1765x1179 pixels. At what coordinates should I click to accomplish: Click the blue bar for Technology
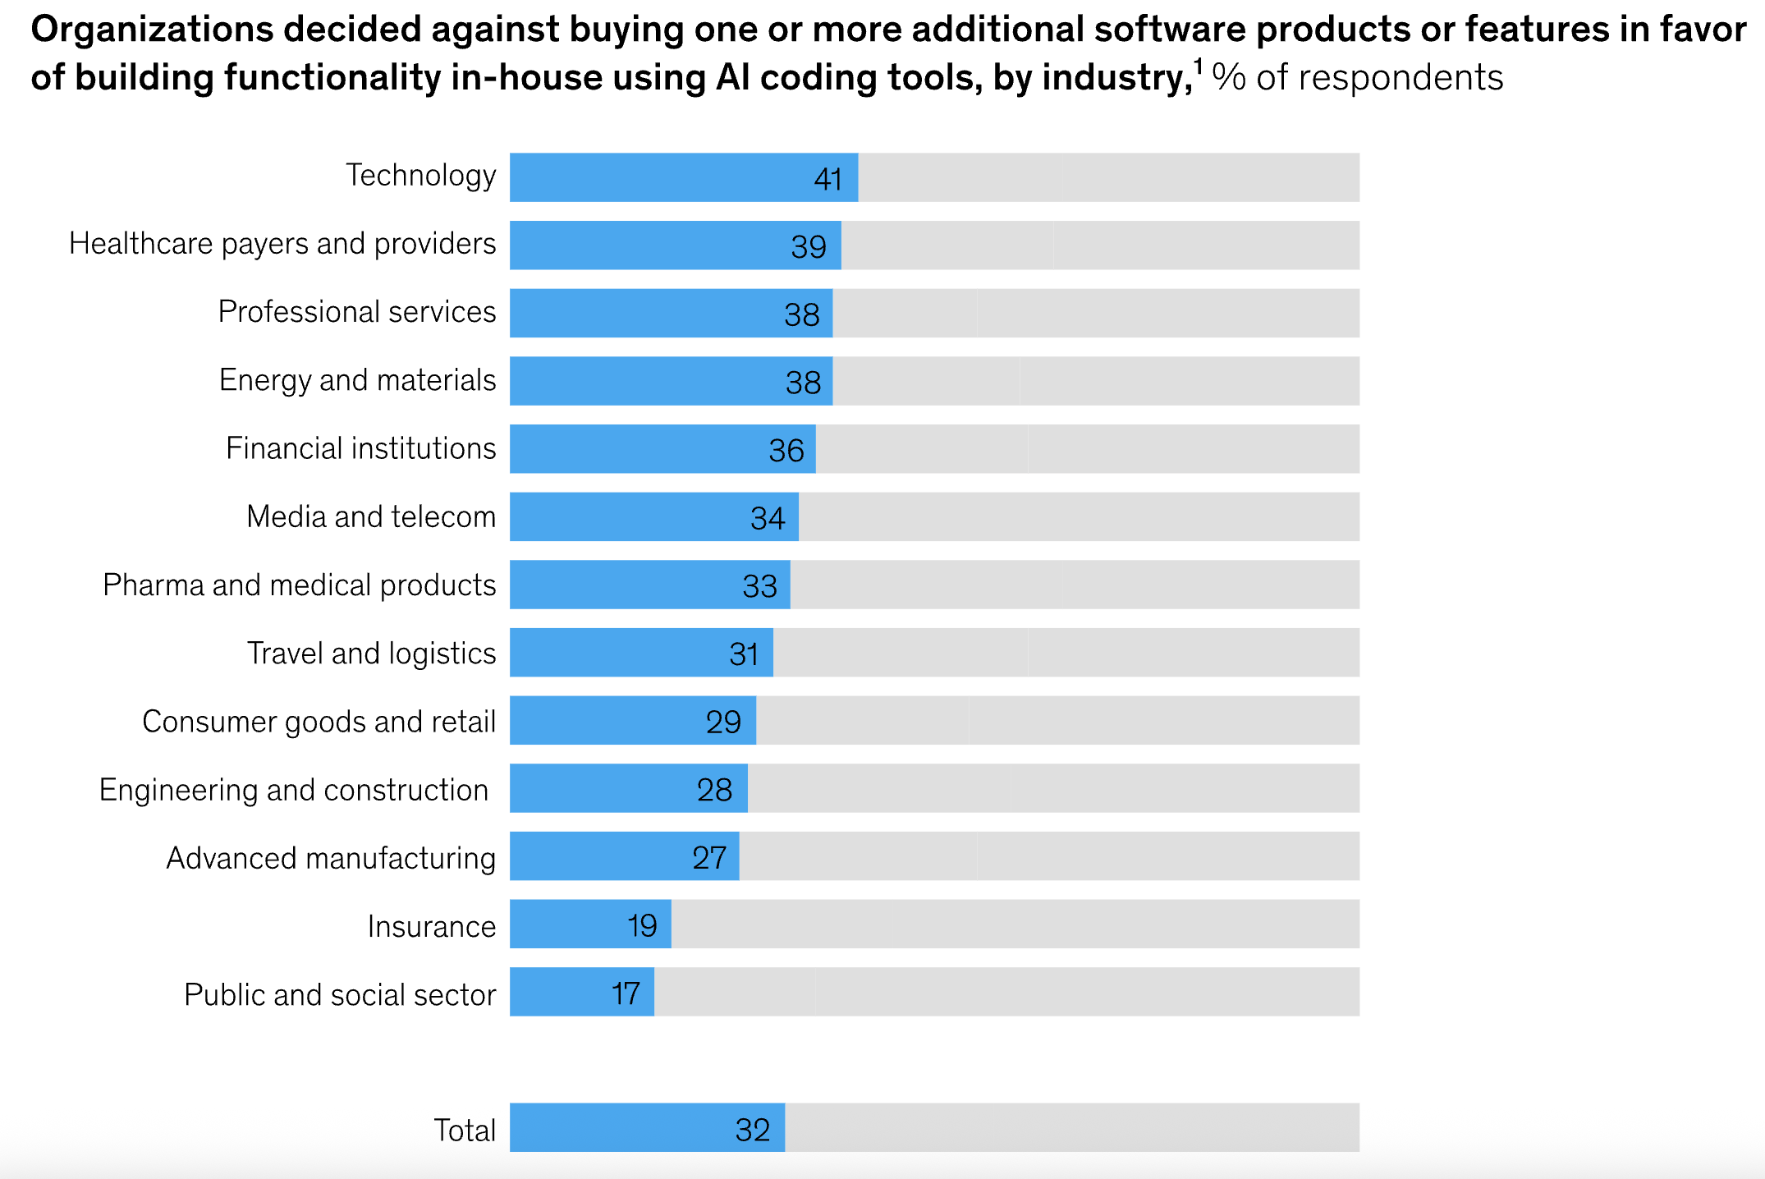pyautogui.click(x=684, y=177)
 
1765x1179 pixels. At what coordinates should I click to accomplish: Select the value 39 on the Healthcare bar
pyautogui.click(x=809, y=247)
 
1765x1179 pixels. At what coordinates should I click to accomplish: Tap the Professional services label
pyautogui.click(x=357, y=312)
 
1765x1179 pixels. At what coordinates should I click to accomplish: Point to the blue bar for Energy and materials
pyautogui.click(x=672, y=381)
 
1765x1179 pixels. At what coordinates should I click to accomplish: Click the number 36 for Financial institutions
pyautogui.click(x=786, y=451)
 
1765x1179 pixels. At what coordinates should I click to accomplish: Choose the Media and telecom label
pyautogui.click(x=371, y=516)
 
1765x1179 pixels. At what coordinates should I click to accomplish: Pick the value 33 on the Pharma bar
pyautogui.click(x=759, y=586)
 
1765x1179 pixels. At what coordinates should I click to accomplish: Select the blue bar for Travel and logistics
pyautogui.click(x=641, y=653)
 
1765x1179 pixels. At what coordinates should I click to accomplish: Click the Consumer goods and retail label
pyautogui.click(x=319, y=722)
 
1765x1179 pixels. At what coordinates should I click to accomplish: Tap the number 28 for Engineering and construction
pyautogui.click(x=714, y=790)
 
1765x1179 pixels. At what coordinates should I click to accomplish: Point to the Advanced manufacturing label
pyautogui.click(x=332, y=858)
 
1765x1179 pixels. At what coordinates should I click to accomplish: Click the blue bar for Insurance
pyautogui.click(x=590, y=924)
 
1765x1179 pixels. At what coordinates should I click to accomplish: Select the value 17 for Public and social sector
pyautogui.click(x=626, y=994)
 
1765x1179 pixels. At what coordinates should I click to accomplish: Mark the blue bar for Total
pyautogui.click(x=647, y=1127)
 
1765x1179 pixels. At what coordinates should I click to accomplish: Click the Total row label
pyautogui.click(x=465, y=1131)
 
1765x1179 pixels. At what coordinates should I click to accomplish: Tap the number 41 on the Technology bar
pyautogui.click(x=827, y=179)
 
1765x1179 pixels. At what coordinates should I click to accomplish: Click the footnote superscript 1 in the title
pyautogui.click(x=1199, y=66)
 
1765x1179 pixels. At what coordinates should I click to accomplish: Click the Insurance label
pyautogui.click(x=432, y=926)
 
